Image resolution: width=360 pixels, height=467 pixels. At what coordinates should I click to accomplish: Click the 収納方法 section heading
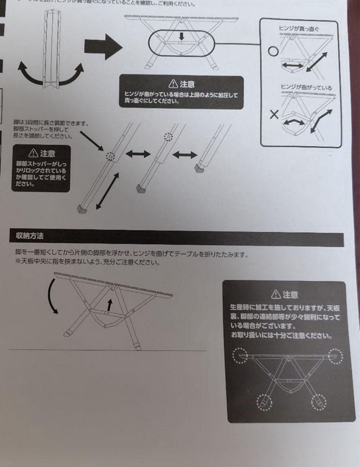pos(29,236)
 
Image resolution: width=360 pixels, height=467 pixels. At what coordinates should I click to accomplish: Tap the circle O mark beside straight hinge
pos(272,51)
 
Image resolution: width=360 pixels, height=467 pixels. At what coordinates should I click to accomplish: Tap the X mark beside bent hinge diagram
pos(274,114)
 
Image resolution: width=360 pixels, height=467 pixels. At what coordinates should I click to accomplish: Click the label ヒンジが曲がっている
pos(306,88)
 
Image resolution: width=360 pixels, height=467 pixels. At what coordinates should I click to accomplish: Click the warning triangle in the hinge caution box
pos(173,83)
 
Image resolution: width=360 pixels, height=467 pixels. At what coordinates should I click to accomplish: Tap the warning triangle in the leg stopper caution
pos(33,153)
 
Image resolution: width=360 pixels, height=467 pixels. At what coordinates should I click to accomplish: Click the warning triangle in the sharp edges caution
pos(275,294)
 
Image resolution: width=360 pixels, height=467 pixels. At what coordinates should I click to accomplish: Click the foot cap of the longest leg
pos(82,209)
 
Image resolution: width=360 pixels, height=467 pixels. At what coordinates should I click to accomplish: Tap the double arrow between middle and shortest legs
pos(185,154)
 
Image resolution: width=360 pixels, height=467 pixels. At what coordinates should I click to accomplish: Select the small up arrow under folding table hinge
pos(110,304)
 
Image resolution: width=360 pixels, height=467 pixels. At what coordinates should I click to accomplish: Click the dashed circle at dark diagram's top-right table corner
pos(335,356)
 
